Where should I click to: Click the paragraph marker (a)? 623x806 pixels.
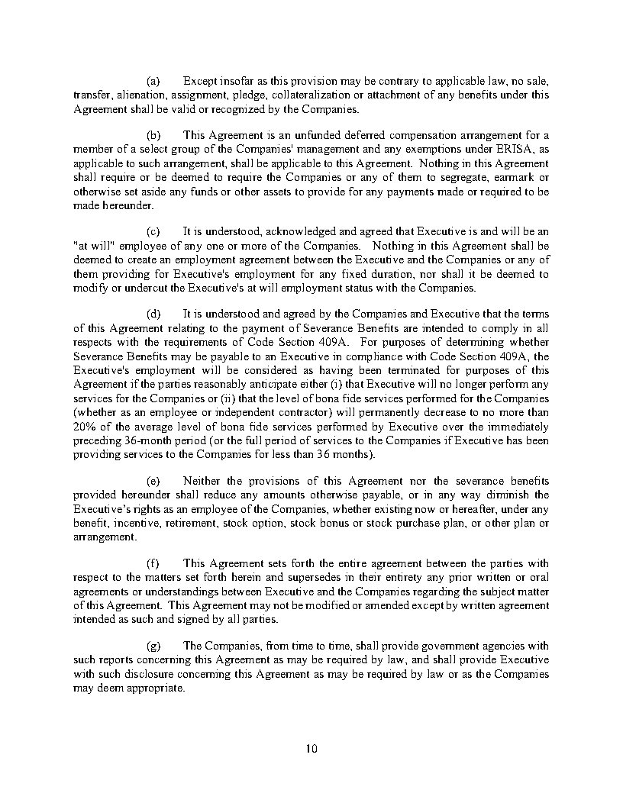click(x=153, y=80)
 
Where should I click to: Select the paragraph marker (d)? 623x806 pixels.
click(x=153, y=314)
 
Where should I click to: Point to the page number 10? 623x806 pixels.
click(x=311, y=748)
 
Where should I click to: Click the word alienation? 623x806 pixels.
click(x=133, y=95)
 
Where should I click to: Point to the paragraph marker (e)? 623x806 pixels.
click(x=153, y=480)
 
